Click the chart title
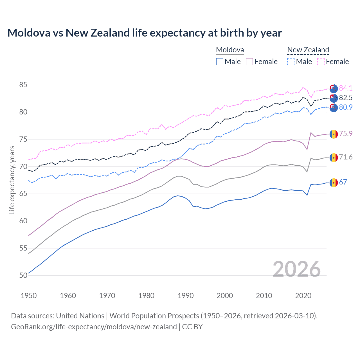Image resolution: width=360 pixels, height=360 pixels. click(145, 33)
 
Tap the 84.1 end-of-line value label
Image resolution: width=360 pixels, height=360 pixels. click(345, 88)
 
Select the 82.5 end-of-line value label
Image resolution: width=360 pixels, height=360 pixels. click(345, 98)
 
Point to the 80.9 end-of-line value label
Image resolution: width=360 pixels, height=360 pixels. click(345, 107)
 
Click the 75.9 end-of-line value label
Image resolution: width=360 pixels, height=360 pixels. click(345, 134)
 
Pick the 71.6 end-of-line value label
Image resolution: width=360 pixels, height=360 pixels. click(345, 157)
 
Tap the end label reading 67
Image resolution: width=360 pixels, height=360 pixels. click(343, 182)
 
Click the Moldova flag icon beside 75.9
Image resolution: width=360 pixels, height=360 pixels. click(334, 134)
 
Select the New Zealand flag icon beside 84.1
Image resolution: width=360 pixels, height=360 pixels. click(334, 88)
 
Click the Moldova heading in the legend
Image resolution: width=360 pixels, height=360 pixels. click(230, 50)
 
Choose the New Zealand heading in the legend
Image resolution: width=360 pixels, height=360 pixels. click(308, 50)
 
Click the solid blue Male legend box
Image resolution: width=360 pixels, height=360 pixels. click(220, 62)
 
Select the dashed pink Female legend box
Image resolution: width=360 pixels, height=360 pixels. click(321, 62)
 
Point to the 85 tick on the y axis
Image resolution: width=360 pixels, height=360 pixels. click(23, 85)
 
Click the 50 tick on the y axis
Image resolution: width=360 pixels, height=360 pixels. click(23, 275)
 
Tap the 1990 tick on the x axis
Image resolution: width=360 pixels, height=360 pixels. click(186, 296)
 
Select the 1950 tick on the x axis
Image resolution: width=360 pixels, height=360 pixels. click(29, 296)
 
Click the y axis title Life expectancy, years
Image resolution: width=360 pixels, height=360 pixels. click(12, 180)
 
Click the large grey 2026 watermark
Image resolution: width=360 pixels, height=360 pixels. click(297, 269)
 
